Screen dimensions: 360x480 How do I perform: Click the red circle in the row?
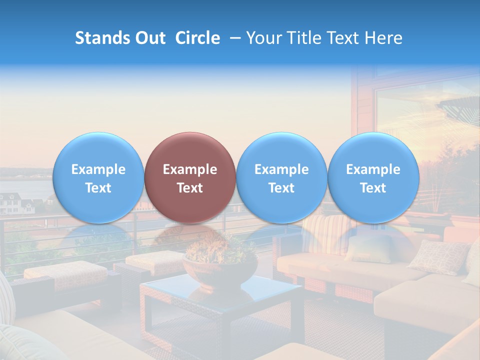tap(189, 177)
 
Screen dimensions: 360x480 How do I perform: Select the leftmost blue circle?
tap(98, 177)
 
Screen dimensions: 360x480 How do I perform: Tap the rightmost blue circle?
tap(373, 177)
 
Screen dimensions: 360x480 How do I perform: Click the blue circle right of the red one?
tap(281, 177)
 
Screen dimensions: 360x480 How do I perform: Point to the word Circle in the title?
tap(197, 38)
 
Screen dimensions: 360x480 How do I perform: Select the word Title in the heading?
tap(301, 38)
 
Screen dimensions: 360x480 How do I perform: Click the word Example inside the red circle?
tap(190, 169)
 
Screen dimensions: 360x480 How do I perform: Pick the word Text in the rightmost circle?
tap(373, 188)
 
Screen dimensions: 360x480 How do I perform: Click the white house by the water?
tap(15, 202)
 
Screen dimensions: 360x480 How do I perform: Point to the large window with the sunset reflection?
tap(425, 125)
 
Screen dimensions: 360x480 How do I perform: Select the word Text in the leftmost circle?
tap(98, 188)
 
